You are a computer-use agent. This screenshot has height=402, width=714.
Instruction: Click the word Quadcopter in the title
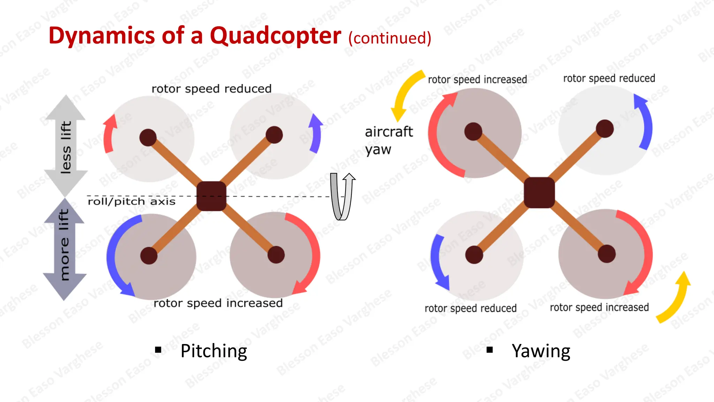[x=275, y=36]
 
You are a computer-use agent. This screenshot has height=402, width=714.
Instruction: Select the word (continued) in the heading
[x=390, y=38]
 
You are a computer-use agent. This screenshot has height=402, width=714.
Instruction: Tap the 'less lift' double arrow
[x=66, y=146]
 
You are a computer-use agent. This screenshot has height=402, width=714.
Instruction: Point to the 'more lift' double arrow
[x=64, y=248]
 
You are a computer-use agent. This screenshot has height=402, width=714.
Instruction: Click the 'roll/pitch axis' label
[x=131, y=202]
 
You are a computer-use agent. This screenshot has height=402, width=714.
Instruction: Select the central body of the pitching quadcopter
[x=211, y=196]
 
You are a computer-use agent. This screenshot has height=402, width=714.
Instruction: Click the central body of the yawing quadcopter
[x=539, y=193]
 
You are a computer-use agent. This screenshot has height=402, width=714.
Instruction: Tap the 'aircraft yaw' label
[x=388, y=140]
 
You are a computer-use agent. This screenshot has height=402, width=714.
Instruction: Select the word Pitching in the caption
[x=214, y=351]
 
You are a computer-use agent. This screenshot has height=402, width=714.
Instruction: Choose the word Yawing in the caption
[x=541, y=351]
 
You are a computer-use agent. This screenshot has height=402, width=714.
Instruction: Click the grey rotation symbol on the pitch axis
[x=342, y=196]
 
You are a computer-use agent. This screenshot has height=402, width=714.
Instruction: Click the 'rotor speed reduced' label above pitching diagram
[x=211, y=89]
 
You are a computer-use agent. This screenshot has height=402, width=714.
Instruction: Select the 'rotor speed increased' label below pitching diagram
[x=218, y=303]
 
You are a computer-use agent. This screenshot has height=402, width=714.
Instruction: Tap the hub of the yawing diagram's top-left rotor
[x=473, y=132]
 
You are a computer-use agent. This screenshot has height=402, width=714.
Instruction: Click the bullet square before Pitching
[x=158, y=350]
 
